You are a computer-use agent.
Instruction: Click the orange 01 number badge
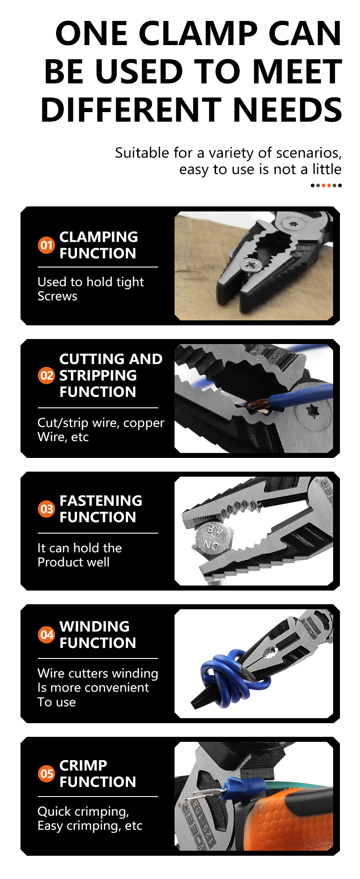point(46,245)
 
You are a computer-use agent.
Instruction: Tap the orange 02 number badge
point(46,375)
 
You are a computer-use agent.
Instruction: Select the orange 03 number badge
point(46,509)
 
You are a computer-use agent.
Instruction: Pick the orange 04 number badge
point(46,634)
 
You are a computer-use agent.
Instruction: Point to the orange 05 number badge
point(46,773)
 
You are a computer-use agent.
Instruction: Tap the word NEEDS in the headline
point(287,110)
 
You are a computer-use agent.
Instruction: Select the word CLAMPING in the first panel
point(98,237)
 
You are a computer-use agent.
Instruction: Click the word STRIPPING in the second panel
point(98,375)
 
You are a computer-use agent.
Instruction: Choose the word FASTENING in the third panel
point(101,501)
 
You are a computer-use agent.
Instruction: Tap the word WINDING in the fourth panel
point(94,627)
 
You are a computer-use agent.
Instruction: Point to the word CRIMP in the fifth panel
point(83,766)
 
